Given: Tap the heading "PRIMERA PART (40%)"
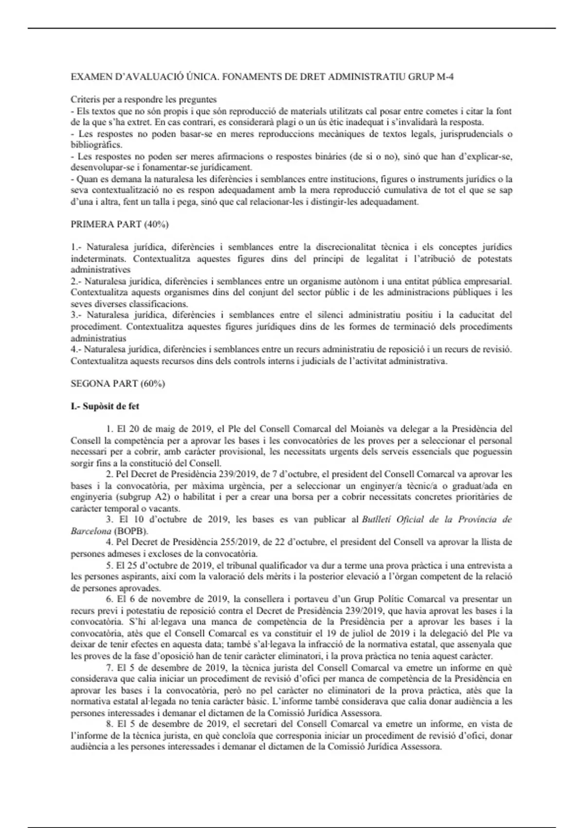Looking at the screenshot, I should pyautogui.click(x=120, y=225).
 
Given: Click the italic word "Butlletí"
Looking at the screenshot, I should pyautogui.click(x=377, y=519).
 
